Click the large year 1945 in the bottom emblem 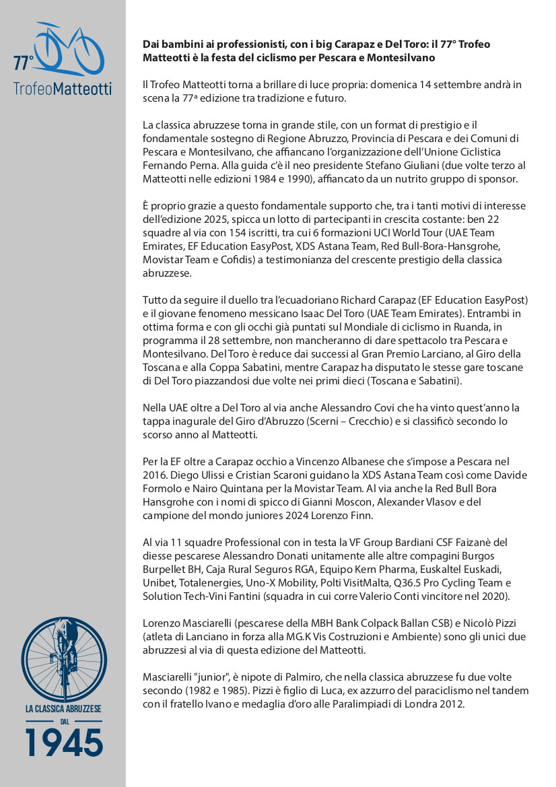tap(64, 742)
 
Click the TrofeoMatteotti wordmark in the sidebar tap(63, 88)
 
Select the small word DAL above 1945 tap(64, 722)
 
